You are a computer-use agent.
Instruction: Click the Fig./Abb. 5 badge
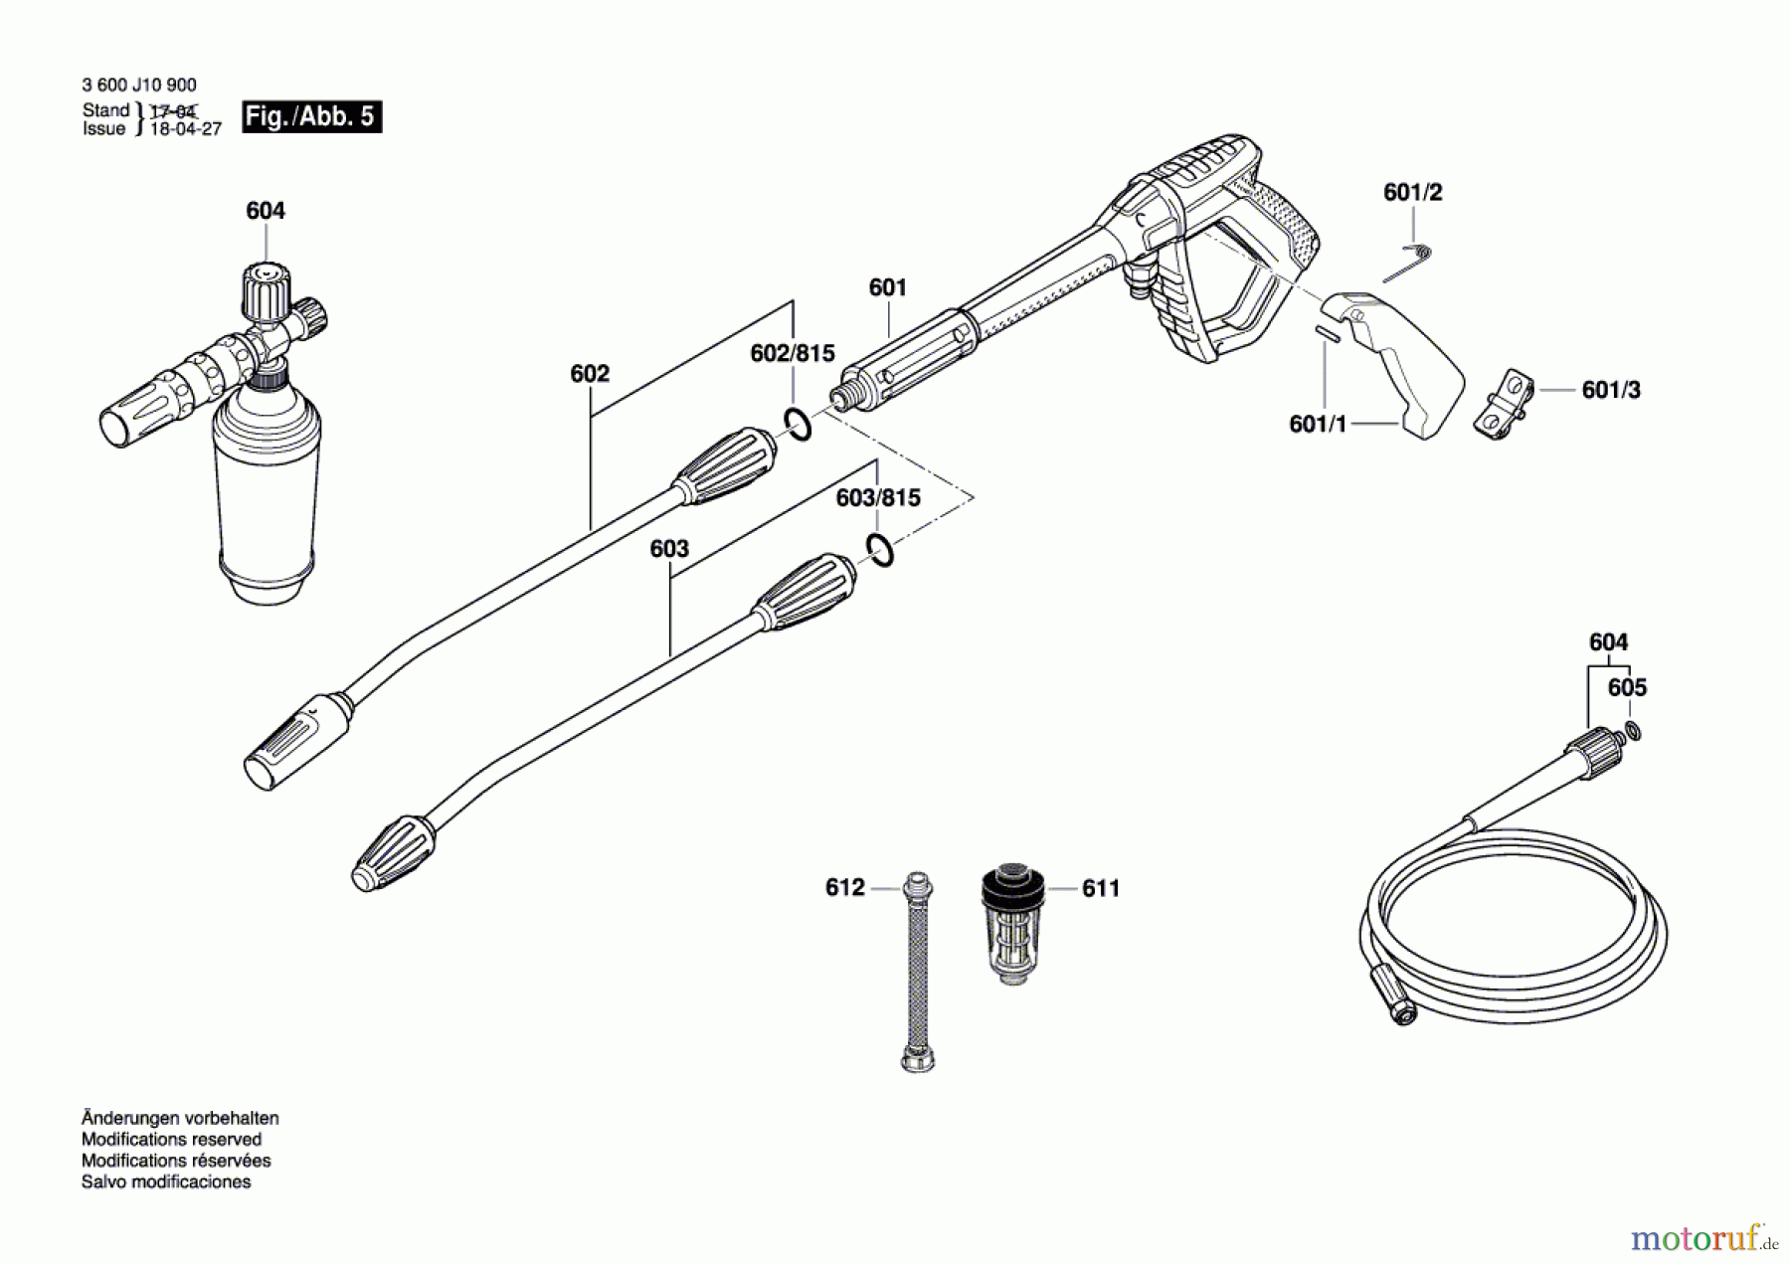(311, 116)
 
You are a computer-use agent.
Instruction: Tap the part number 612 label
(844, 887)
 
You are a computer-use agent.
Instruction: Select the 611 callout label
(1101, 888)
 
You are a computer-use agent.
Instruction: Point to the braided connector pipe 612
(917, 970)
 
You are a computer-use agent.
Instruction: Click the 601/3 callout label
(1611, 390)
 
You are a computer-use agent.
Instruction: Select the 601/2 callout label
(1412, 192)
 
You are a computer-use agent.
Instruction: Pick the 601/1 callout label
(1318, 424)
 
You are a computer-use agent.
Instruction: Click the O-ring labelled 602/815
(797, 424)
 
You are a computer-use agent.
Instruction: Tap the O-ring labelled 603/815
(879, 549)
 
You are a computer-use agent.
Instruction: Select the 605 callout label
(1627, 687)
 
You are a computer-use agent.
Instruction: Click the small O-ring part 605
(1632, 732)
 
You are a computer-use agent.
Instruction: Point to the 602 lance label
(590, 374)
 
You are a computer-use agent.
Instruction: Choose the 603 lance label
(669, 549)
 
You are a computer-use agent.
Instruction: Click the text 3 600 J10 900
(139, 86)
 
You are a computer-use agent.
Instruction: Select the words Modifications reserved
(171, 1140)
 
